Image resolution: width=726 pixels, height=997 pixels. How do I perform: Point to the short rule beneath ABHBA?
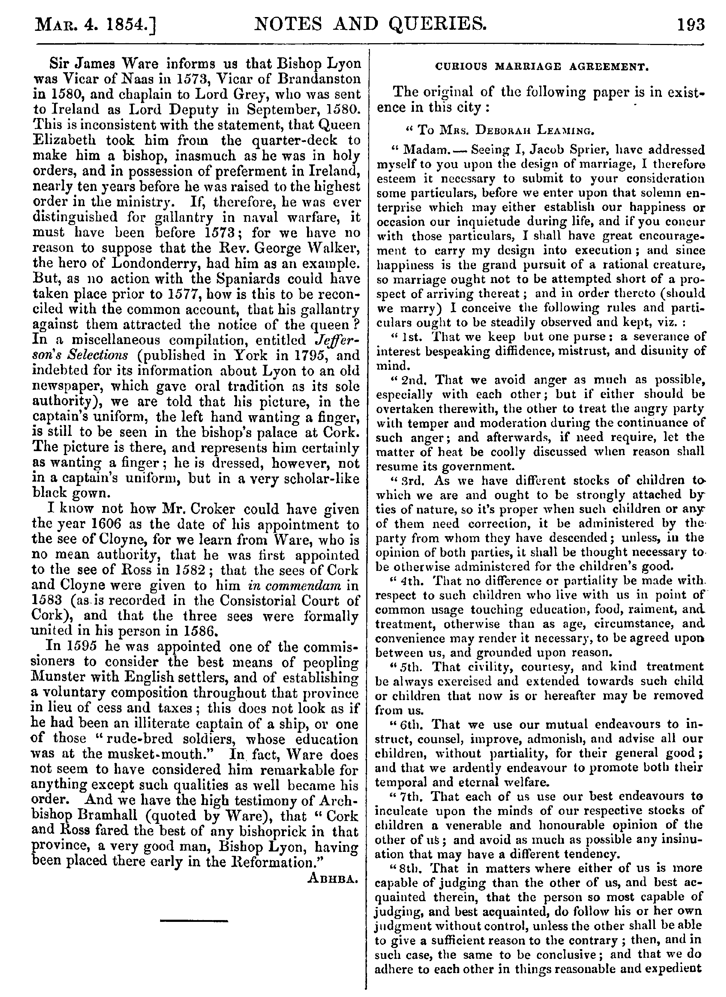194,920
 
